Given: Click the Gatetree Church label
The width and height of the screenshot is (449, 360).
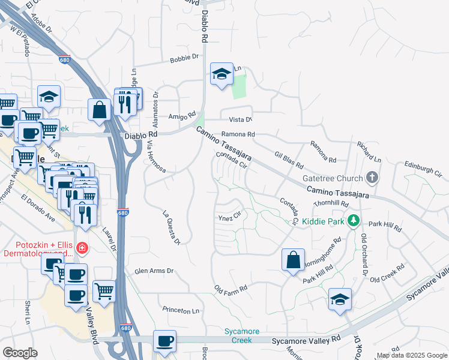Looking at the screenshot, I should click(333, 178).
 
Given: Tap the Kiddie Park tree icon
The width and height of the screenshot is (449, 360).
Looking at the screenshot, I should click(354, 221).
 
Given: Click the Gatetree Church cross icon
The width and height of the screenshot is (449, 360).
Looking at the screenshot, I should click(372, 178).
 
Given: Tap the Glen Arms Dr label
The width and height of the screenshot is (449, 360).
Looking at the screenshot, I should click(154, 271).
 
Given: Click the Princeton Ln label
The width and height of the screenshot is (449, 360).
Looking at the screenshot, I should click(181, 310).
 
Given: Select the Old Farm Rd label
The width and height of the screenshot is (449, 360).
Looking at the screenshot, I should click(231, 289).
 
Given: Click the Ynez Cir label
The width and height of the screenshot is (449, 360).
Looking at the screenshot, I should click(229, 217).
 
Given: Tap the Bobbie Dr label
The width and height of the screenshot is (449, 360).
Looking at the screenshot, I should click(184, 58).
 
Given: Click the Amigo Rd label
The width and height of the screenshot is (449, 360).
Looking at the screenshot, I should click(182, 115).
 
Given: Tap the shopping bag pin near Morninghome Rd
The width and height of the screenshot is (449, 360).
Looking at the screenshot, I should click(293, 260).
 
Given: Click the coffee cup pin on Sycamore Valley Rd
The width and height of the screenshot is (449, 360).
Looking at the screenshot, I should click(164, 341).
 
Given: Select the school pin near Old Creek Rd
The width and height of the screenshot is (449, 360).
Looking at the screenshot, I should click(340, 299).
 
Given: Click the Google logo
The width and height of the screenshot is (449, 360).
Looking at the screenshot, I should click(20, 352).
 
